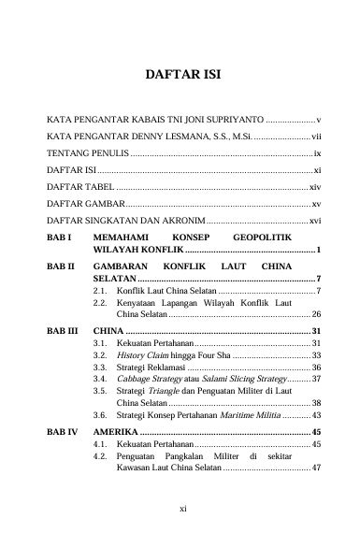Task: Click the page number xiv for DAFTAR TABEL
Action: pos(315,188)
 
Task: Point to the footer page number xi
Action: pos(180,509)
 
